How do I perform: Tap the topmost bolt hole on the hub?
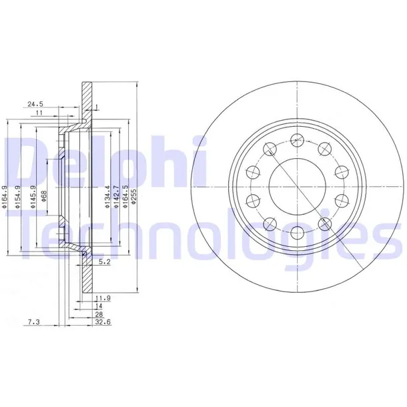pos(296,139)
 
